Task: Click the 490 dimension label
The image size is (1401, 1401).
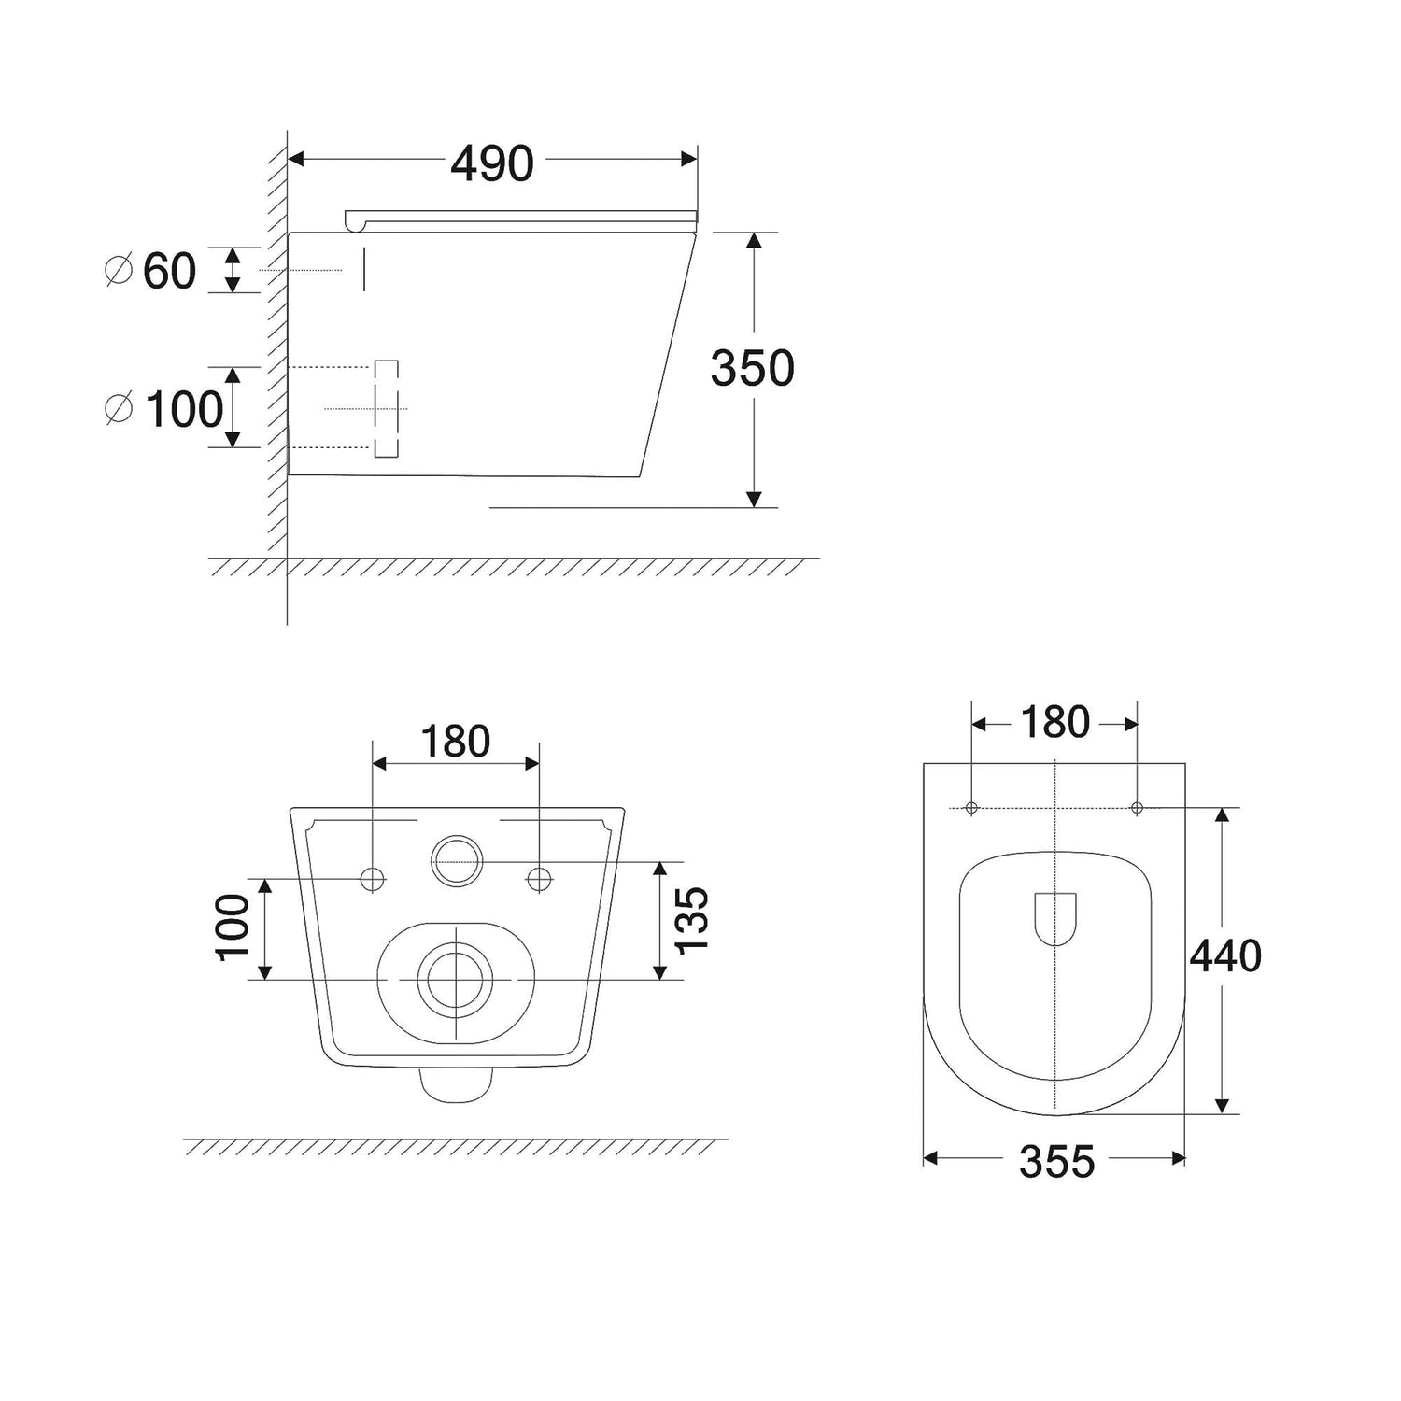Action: click(492, 163)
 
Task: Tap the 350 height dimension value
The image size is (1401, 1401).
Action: click(753, 368)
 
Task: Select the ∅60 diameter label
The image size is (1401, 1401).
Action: click(150, 271)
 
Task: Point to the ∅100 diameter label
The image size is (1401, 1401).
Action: click(164, 409)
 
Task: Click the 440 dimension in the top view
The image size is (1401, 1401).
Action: click(1225, 955)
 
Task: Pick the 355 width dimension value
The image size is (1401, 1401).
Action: click(1056, 1162)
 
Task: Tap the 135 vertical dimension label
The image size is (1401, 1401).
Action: click(692, 921)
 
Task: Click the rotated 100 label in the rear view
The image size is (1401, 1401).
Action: click(233, 926)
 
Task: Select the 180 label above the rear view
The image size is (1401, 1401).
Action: click(456, 742)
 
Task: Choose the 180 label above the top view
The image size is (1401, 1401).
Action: click(1054, 722)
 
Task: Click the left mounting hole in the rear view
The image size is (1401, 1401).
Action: click(373, 879)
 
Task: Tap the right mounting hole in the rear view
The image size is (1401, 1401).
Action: click(539, 879)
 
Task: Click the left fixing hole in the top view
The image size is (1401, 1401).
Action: click(971, 807)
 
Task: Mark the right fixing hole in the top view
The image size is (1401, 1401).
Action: click(1137, 807)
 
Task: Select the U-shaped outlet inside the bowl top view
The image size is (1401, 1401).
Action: click(1055, 919)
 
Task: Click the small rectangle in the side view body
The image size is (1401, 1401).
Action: click(387, 409)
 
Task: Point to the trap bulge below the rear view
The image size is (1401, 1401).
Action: click(456, 1084)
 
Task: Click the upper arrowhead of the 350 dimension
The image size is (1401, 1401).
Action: click(755, 240)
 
